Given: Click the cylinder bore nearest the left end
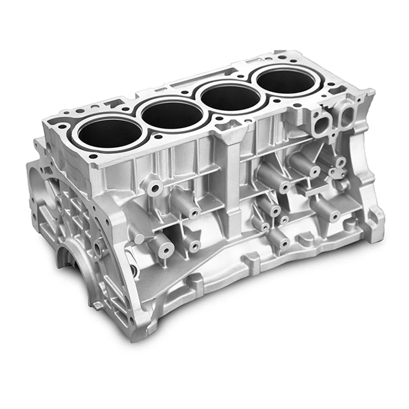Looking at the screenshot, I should pyautogui.click(x=111, y=133).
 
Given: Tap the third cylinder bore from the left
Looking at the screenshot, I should pyautogui.click(x=230, y=98).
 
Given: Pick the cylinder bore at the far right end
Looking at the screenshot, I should pyautogui.click(x=285, y=81).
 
